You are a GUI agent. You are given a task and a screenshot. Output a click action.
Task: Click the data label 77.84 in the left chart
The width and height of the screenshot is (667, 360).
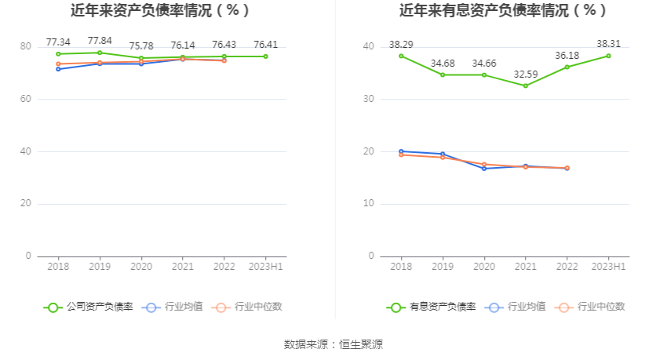coord(100,41)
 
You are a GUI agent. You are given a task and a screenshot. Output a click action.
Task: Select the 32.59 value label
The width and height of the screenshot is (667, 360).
coord(525,74)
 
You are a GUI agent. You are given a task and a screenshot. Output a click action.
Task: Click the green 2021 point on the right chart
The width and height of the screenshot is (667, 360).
coord(525,85)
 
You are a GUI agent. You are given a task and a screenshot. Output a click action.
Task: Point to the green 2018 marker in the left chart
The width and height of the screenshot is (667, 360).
coord(58,54)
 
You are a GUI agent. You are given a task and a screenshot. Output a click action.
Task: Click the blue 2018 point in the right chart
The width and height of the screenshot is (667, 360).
coord(401,151)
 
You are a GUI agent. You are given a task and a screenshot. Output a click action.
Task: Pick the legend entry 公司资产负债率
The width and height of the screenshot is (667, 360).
coord(89,307)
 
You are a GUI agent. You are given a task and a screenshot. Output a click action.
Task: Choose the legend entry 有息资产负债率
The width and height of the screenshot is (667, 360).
coord(432,307)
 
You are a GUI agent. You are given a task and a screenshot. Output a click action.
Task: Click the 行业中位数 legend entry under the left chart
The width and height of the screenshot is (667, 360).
coord(247,307)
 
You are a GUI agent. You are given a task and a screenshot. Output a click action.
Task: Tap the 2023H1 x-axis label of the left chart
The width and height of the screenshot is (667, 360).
coord(266,267)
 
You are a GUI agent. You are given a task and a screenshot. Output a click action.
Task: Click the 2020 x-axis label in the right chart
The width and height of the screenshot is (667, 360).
coord(483,267)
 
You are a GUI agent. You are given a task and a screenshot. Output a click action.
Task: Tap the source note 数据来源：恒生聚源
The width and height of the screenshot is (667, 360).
coord(333,344)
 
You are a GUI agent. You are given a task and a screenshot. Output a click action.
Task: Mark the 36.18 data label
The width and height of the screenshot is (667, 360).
coord(567,56)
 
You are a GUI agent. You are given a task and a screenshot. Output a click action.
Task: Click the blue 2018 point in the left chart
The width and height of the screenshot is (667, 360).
coord(58,69)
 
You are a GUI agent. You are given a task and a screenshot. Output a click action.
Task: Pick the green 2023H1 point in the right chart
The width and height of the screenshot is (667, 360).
coord(608,56)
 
